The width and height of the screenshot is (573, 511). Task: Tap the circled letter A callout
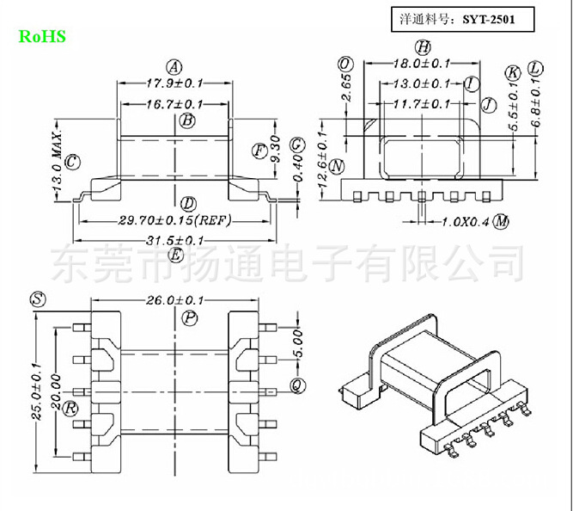(174, 66)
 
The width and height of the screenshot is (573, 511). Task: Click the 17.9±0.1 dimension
(174, 83)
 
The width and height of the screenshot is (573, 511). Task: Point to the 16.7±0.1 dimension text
(174, 104)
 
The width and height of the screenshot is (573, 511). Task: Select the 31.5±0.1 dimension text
(175, 241)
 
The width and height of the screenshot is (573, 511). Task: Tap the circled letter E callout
(176, 255)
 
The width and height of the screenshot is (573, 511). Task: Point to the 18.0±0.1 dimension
(422, 64)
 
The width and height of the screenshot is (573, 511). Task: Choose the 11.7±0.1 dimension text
(421, 104)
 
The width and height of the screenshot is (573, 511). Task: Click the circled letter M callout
(501, 222)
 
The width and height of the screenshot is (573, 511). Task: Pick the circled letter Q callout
(296, 385)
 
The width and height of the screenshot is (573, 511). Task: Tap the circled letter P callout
(190, 318)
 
